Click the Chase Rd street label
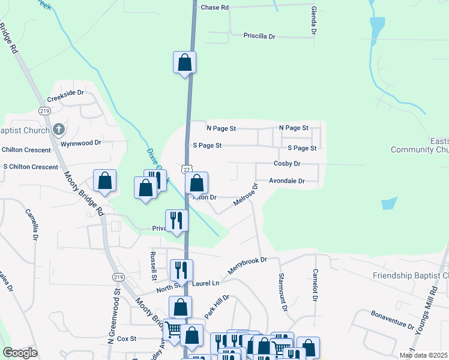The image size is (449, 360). point(215,8)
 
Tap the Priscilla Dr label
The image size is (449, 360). point(259,37)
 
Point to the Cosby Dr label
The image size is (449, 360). point(286,164)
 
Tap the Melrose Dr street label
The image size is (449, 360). point(245,197)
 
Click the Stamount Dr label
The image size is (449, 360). point(283,292)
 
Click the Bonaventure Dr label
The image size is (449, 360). point(392,320)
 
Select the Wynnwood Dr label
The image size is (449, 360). point(81,144)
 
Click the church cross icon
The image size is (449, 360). point(58,129)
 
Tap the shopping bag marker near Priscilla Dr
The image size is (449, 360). point(185,62)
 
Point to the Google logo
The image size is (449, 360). point(20,352)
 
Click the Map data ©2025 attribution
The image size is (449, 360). point(423,355)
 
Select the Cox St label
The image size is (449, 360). point(127,338)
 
